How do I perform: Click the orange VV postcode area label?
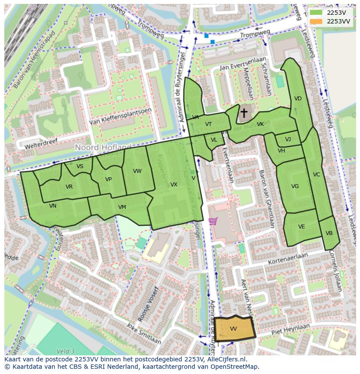[x=233, y=329]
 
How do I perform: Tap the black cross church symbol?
[x=244, y=113]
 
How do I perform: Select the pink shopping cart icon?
[x=213, y=221]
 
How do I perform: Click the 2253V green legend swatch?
[x=316, y=13]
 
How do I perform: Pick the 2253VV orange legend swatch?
[x=316, y=21]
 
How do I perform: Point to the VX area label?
[x=173, y=185]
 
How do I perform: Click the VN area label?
[x=53, y=206]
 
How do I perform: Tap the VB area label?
[x=329, y=233]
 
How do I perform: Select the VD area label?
[x=298, y=99]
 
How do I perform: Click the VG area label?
[x=295, y=186]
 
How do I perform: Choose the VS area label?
[x=80, y=166]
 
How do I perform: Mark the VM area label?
[x=122, y=207]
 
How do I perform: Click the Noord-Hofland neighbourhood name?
[x=103, y=148]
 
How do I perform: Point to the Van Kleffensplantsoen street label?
[x=120, y=116]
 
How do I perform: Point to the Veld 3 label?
[x=66, y=351]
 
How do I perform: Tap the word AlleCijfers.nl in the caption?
[x=226, y=359]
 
